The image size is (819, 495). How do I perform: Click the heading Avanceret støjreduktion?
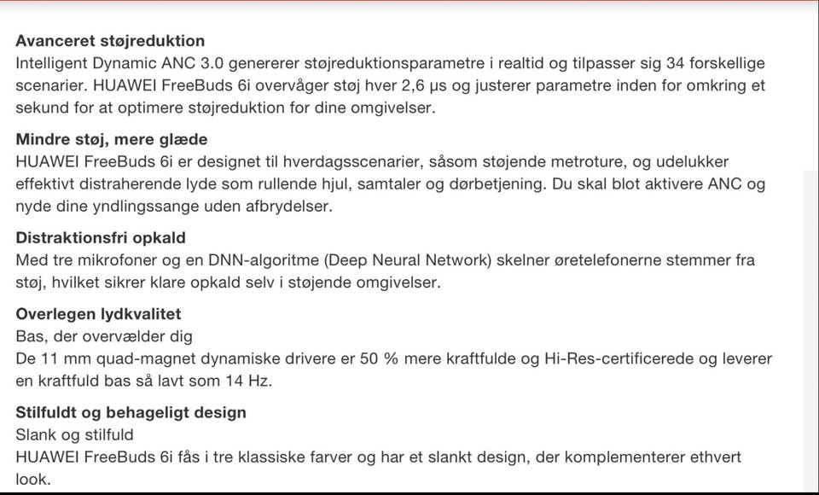click(x=110, y=41)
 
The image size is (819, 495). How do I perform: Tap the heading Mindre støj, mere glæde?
click(x=112, y=139)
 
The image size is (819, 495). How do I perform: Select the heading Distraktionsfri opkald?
click(x=101, y=238)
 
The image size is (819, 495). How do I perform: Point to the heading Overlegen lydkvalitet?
click(x=98, y=314)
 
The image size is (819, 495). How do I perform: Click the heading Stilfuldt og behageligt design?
click(x=131, y=412)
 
